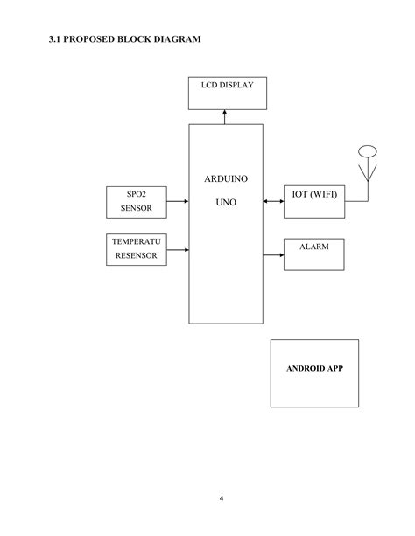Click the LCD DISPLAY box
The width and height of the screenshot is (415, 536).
[x=228, y=94]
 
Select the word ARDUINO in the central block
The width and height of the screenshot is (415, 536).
[x=226, y=178]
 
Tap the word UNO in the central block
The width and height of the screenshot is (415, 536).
[x=226, y=201]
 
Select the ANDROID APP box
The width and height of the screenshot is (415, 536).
[x=314, y=372]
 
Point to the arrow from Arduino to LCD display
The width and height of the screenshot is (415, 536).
[x=225, y=116]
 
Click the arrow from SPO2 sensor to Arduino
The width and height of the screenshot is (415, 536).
[x=178, y=201]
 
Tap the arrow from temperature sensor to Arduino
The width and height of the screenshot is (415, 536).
[x=178, y=250]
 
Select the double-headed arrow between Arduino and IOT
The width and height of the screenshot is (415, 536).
[x=273, y=201]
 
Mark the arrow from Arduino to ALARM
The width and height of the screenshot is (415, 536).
[x=273, y=254]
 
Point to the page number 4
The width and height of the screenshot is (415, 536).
[x=222, y=499]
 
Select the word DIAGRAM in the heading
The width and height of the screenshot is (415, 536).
[x=176, y=40]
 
